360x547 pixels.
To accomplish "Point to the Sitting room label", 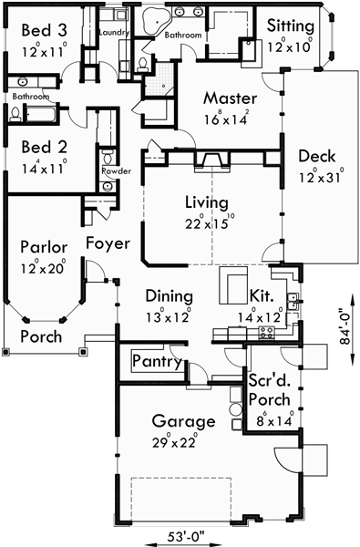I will coord(291,26).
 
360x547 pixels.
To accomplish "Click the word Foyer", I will coord(108,243).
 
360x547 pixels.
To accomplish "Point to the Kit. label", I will coord(263,295).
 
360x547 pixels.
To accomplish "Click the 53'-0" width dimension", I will coord(184,534).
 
